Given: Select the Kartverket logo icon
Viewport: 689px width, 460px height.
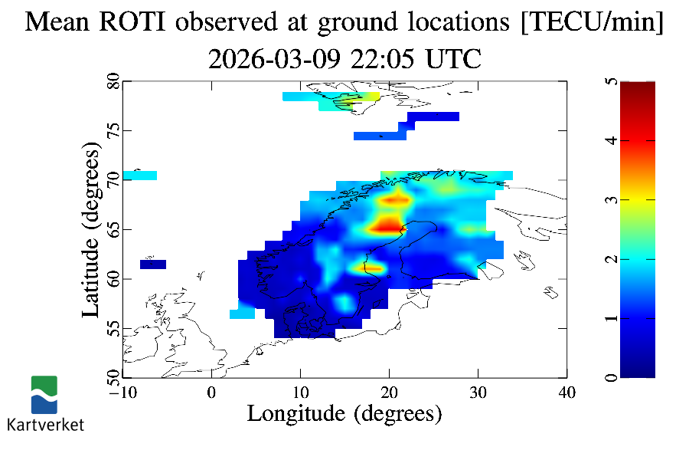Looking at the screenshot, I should click(44, 395).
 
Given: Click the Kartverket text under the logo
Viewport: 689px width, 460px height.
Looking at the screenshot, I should click(45, 424).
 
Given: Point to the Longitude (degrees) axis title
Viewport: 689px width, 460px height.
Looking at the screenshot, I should click(344, 414).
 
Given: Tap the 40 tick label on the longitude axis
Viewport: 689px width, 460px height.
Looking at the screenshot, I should click(567, 393).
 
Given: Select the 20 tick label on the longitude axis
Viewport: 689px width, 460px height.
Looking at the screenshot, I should click(389, 393).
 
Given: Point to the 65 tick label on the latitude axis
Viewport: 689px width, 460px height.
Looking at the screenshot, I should click(112, 229).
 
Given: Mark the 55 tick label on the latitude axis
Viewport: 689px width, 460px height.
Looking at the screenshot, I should click(112, 328).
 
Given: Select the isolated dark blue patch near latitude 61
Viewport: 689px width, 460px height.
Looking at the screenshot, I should click(153, 264).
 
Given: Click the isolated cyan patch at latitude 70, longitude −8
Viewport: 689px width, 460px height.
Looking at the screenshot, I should click(140, 176).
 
